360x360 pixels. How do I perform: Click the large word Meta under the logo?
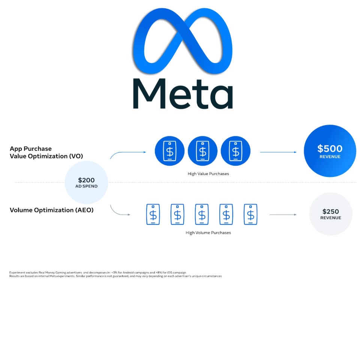coord(183,93)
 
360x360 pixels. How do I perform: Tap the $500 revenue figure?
coord(330,148)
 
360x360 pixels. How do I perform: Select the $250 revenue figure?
coord(331,211)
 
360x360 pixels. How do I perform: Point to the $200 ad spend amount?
coord(86,180)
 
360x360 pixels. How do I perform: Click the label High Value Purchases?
coord(208,174)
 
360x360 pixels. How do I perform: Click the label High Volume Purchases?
coord(208,233)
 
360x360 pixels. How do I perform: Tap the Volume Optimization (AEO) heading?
coord(52,210)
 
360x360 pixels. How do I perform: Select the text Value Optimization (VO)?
coord(46,156)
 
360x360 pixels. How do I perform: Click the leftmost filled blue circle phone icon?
coord(169,151)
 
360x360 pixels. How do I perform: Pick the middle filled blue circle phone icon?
coord(202,151)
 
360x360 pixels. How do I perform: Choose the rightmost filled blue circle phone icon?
coord(235,151)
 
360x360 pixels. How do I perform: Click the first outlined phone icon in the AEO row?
coord(153,214)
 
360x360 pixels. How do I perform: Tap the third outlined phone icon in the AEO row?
coord(202,214)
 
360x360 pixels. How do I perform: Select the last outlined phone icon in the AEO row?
coord(250,214)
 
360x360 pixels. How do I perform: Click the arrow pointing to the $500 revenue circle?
coord(278,152)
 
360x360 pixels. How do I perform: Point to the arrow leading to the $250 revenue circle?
coord(283,214)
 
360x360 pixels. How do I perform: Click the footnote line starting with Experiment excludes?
coord(97,273)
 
